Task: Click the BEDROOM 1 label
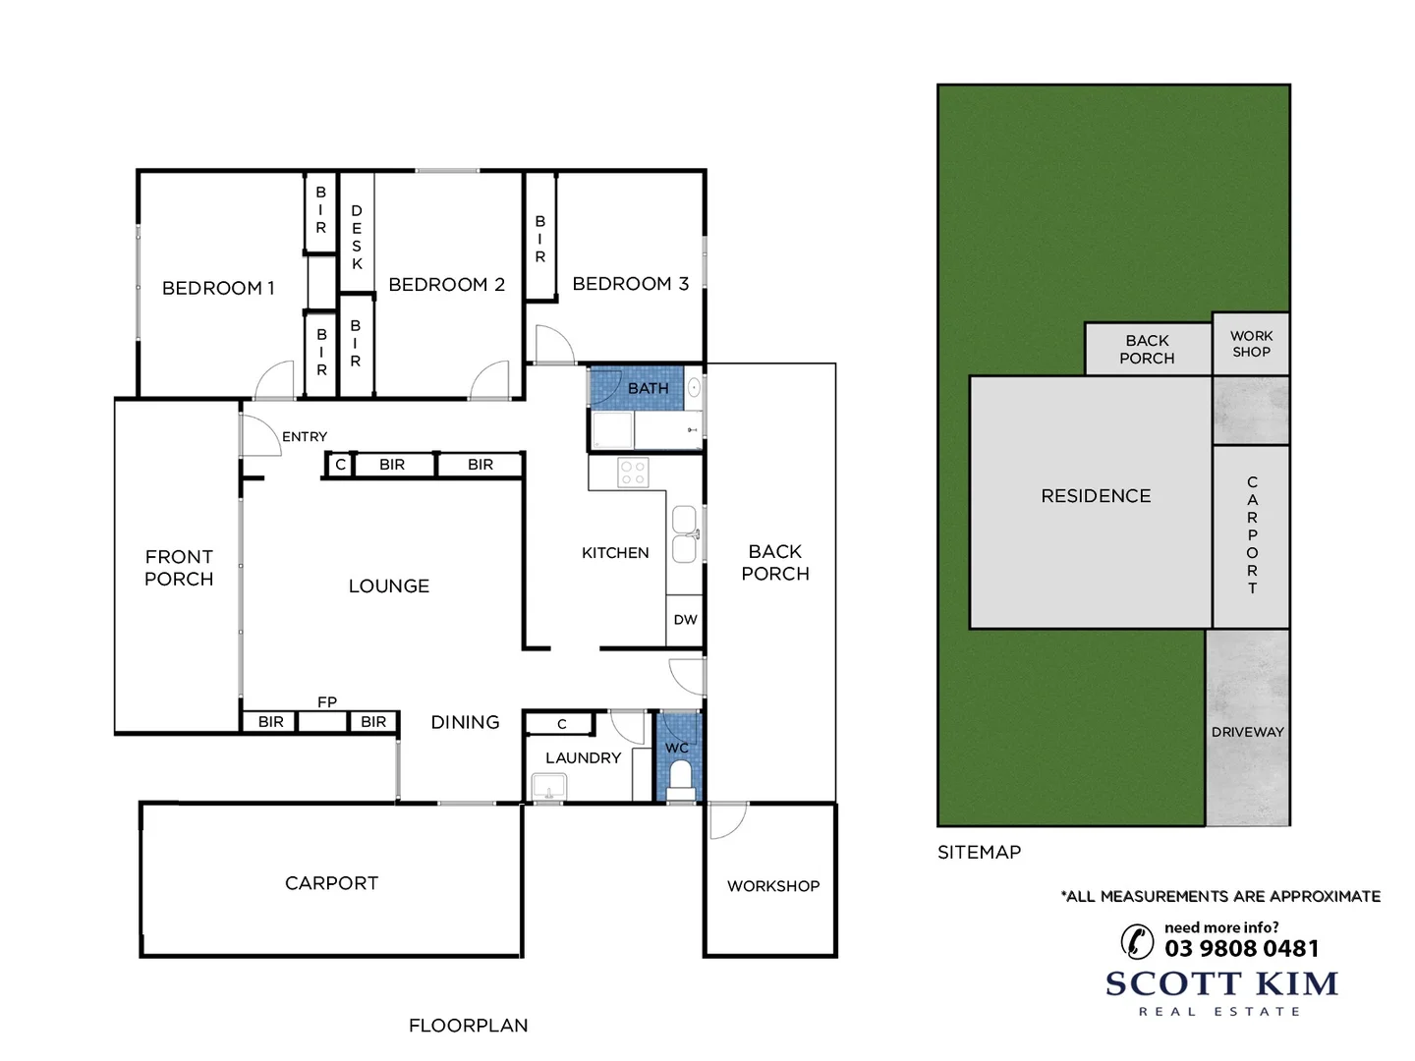tap(218, 288)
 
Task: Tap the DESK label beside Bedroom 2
tap(357, 237)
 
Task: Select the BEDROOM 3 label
tap(630, 284)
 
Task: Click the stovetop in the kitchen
tap(633, 473)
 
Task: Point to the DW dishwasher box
tap(685, 620)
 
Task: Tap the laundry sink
tap(548, 787)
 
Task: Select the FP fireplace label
tap(327, 702)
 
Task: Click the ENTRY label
tap(305, 436)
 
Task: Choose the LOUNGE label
tap(389, 586)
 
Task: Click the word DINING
tap(465, 722)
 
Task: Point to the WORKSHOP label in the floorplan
tap(773, 886)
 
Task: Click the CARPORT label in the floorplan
tap(331, 883)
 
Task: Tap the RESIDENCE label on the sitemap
tap(1096, 496)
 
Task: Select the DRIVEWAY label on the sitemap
tap(1248, 732)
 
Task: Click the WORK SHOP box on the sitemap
tap(1251, 344)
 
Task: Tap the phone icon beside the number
tap(1137, 941)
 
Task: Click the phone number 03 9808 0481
tap(1242, 948)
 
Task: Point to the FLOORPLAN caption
tap(468, 1026)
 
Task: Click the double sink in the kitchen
tap(684, 534)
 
